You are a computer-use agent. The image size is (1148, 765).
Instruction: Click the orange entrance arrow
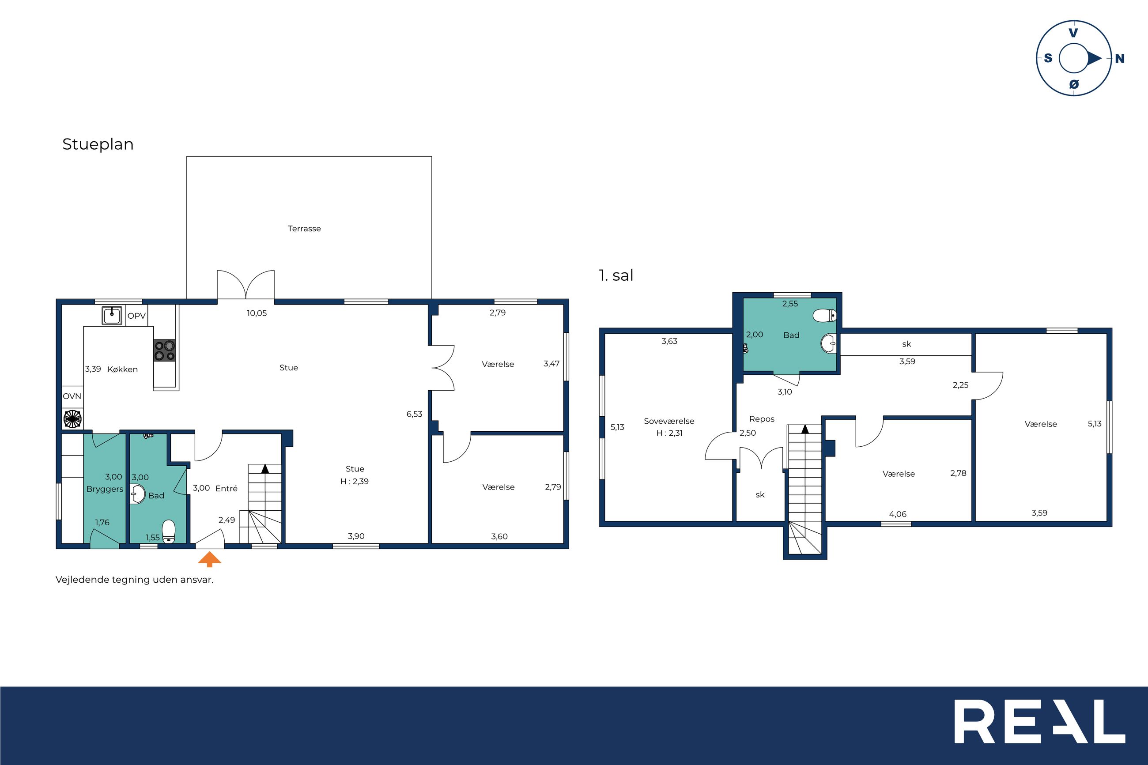[x=209, y=559]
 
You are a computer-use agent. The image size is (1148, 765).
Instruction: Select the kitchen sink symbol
[x=112, y=315]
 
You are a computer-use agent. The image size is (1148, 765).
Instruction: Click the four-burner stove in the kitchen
[x=164, y=350]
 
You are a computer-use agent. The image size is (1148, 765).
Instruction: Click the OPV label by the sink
[x=136, y=316]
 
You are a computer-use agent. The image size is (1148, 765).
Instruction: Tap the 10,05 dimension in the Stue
[x=257, y=313]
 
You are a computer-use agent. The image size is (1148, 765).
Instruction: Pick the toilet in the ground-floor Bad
[x=168, y=531]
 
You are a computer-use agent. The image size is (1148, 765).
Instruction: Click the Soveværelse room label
[x=669, y=421]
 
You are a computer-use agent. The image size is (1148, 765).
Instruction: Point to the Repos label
[x=762, y=419]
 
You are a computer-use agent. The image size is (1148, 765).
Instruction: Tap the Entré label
[x=227, y=488]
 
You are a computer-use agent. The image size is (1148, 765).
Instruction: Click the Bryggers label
[x=105, y=489]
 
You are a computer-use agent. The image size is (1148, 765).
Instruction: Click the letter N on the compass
[x=1120, y=59]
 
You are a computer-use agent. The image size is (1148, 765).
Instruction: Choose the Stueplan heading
[x=98, y=144]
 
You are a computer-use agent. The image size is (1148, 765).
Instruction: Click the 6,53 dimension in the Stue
[x=414, y=414]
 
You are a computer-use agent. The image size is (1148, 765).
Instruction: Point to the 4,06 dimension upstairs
[x=898, y=514]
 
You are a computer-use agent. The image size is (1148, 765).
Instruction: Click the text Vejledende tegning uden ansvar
[x=134, y=580]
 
